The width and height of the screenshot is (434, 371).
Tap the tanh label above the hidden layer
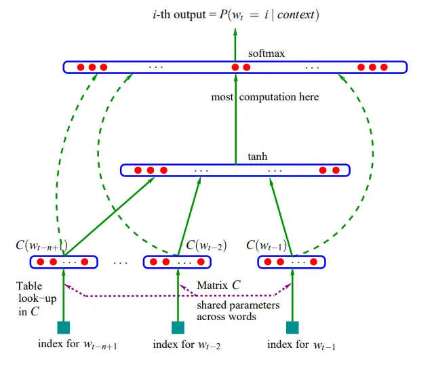pyautogui.click(x=258, y=157)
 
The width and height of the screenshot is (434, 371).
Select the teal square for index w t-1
pyautogui.click(x=293, y=328)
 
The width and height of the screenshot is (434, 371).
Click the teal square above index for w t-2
pyautogui.click(x=178, y=328)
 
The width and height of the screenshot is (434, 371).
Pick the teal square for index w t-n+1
pyautogui.click(x=63, y=328)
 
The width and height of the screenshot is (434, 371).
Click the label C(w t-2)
pyautogui.click(x=206, y=245)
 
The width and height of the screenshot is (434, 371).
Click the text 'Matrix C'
pyautogui.click(x=218, y=286)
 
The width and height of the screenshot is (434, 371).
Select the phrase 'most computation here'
pyautogui.click(x=264, y=97)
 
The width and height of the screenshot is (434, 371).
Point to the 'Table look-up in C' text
pyautogui.click(x=29, y=299)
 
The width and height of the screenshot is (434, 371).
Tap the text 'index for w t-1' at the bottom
pyautogui.click(x=301, y=345)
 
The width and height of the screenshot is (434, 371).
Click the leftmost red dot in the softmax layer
pyautogui.click(x=79, y=67)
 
